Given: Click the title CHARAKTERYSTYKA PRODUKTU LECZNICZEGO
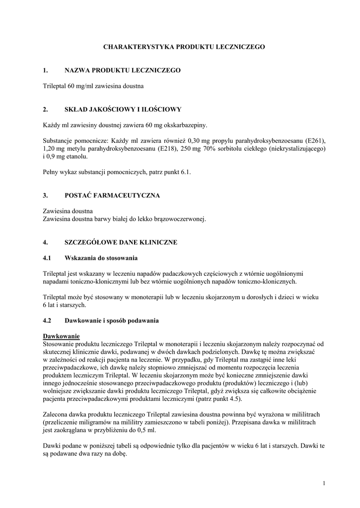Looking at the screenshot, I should [184, 47].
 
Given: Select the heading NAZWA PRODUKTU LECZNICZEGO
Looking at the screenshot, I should [123, 70].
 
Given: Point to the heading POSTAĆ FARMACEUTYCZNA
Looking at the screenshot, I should [112, 195].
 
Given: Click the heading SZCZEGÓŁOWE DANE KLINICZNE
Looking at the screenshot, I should [121, 243].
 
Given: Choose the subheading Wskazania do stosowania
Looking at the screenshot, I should [101, 258].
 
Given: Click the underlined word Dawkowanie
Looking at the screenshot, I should [62, 336].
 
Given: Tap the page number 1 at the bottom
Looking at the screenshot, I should [323, 483].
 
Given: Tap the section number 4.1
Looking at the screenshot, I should [48, 258].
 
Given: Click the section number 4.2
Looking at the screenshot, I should [48, 320].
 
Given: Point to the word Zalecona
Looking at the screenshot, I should [57, 414].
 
